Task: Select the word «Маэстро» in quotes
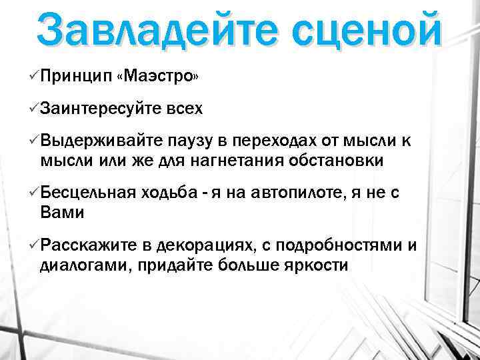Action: click(x=157, y=77)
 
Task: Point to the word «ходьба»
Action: click(x=168, y=193)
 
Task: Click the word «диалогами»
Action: click(x=83, y=265)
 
